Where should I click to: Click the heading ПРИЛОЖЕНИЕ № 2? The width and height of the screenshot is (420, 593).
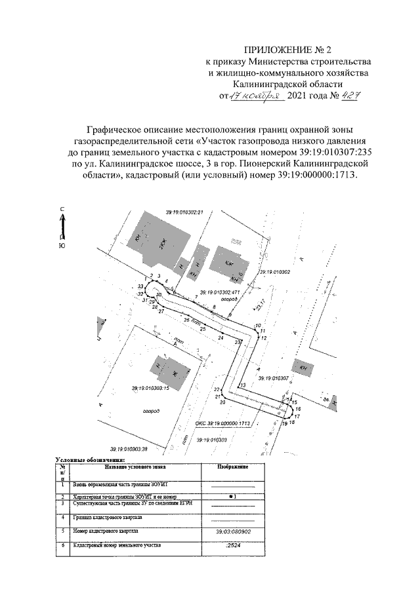(287, 50)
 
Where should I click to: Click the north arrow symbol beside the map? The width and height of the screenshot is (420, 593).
(62, 226)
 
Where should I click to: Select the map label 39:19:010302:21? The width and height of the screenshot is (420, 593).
(186, 212)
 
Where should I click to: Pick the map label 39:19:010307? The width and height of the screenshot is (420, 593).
(274, 379)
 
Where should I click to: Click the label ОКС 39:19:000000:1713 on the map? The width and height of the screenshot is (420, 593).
(224, 424)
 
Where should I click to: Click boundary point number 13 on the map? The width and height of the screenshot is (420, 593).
(242, 386)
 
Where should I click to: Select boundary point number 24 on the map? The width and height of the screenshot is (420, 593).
(220, 337)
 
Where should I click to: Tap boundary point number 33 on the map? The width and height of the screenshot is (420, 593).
(140, 287)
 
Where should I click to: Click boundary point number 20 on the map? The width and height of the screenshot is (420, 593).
(223, 402)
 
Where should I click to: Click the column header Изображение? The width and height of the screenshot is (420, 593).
(232, 467)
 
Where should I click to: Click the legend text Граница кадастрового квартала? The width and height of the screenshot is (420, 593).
(109, 517)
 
